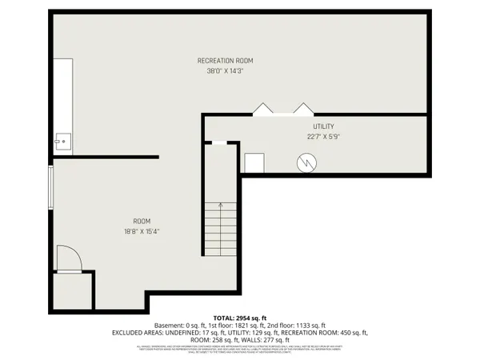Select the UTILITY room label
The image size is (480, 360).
[x=323, y=127]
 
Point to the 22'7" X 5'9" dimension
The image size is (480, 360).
[x=323, y=138]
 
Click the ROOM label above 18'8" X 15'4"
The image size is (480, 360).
[x=142, y=222]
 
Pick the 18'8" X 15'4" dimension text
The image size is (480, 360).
[x=142, y=232]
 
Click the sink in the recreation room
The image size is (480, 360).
[x=61, y=141]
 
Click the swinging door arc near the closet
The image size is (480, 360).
[x=70, y=258]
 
